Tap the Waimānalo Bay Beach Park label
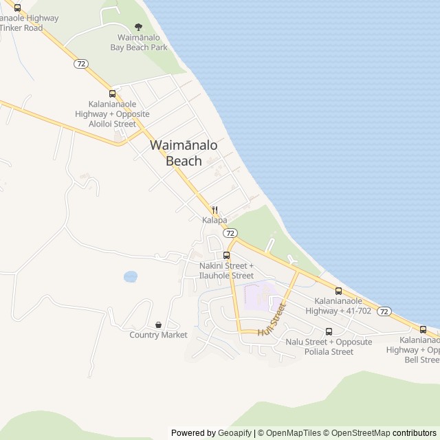pos(139,42)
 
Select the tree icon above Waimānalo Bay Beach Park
pos(139,27)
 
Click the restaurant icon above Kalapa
pos(214,210)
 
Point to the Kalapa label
pos(214,220)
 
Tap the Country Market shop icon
pos(158,324)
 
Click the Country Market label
pos(158,335)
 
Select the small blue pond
pos(130,276)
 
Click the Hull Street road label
pos(271,322)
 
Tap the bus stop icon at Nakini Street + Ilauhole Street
pos(226,255)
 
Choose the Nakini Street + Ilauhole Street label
pos(226,270)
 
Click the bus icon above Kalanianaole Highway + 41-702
pos(338,291)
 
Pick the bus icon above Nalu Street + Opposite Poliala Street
pos(329,331)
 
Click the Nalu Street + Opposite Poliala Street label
pos(329,346)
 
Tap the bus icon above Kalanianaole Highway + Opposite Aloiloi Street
pos(112,93)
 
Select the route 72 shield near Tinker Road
pos(81,63)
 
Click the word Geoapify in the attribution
pos(235,433)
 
